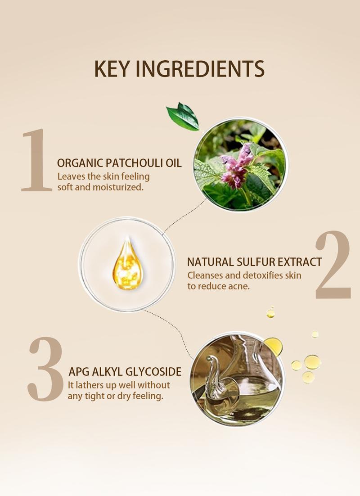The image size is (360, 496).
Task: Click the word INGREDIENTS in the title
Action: click(x=200, y=69)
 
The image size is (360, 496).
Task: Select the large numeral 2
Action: click(x=333, y=265)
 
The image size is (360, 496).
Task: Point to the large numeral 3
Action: click(x=45, y=369)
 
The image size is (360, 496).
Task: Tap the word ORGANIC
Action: click(x=80, y=163)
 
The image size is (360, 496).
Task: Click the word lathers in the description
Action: click(x=90, y=385)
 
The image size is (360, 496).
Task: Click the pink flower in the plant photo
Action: click(x=236, y=166)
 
